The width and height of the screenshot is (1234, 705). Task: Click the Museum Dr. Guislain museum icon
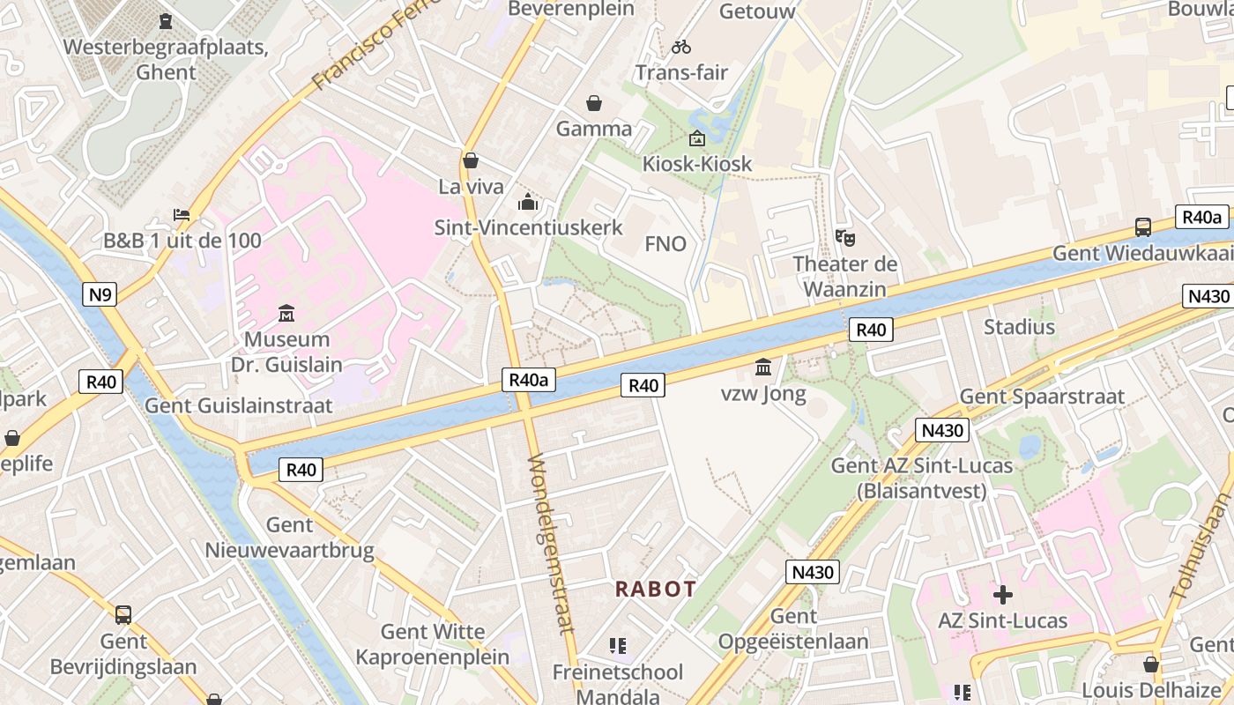(286, 313)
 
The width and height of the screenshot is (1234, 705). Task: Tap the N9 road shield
(100, 294)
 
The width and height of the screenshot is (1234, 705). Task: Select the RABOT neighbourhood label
(656, 589)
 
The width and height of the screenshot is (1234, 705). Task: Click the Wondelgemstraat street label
(550, 544)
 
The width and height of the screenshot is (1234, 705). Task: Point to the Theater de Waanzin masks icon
(845, 237)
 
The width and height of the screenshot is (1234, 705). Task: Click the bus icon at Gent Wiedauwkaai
(1142, 226)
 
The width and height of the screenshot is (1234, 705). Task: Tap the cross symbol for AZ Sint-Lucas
(1002, 594)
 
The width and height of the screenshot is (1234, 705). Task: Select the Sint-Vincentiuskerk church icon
(528, 202)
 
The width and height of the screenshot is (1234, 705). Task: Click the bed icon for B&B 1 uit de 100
(182, 215)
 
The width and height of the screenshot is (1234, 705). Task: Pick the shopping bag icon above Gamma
(594, 103)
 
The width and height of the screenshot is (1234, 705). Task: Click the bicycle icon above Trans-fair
(681, 47)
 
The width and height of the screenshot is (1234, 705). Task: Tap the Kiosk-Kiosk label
(697, 164)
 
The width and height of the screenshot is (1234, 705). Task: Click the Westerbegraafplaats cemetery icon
(166, 20)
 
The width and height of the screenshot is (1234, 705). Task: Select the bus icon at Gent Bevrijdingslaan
(123, 614)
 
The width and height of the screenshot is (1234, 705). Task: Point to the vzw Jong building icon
(763, 367)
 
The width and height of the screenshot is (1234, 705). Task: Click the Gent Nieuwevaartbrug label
(290, 538)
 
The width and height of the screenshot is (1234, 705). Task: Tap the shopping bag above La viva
(471, 160)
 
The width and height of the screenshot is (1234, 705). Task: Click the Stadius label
(1019, 327)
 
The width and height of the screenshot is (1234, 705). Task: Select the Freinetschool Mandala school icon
(618, 646)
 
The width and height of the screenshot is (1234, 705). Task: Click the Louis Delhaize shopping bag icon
(1151, 664)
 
